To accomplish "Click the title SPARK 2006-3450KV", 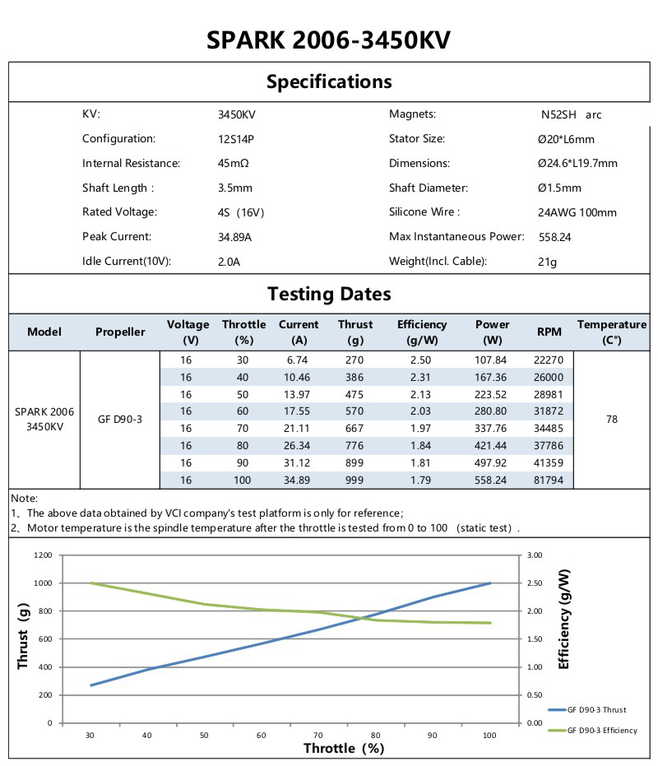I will [x=329, y=40].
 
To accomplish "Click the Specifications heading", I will [x=329, y=81].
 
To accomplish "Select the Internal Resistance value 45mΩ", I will [x=234, y=164].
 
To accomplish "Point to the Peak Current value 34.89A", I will [x=234, y=238].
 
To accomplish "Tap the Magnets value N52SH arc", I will [x=565, y=115].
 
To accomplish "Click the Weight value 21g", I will [x=547, y=262].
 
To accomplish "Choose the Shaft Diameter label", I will [x=428, y=188].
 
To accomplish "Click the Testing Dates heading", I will [x=329, y=294].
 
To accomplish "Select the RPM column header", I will [x=549, y=332].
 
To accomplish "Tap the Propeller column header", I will [x=120, y=332].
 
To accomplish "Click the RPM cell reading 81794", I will [x=549, y=479].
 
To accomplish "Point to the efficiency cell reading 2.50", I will [x=421, y=360].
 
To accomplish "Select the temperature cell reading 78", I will [x=612, y=419].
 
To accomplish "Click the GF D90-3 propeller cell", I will [x=120, y=419].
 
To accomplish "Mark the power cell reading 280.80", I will [x=492, y=411].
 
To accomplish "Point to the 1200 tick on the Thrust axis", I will [x=43, y=555].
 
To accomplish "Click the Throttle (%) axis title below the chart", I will [x=344, y=748].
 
